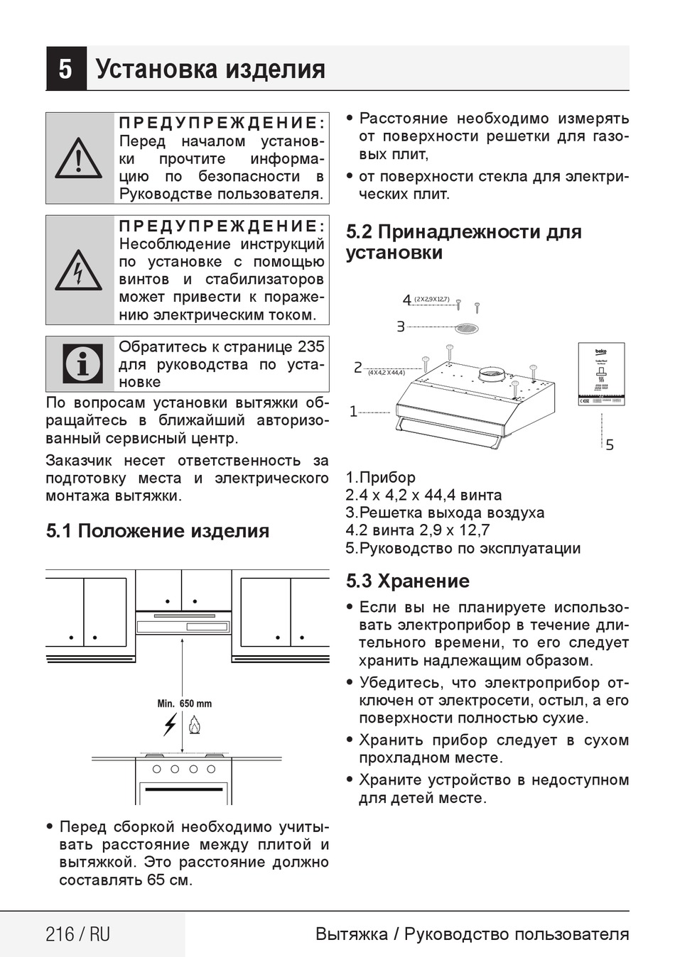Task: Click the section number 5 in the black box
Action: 65,69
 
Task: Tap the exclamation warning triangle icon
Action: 78,158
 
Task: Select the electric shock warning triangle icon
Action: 78,270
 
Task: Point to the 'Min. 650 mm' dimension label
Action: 184,704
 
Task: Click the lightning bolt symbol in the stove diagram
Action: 170,725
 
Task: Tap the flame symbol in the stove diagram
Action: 194,725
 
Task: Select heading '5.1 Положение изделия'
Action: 157,531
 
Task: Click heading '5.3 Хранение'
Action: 407,581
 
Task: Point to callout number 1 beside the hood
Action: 353,412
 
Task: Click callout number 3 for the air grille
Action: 401,327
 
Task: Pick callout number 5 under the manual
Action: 610,445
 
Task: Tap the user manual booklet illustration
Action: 601,375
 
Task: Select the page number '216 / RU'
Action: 77,934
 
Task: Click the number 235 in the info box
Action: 311,346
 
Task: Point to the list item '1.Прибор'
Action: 380,477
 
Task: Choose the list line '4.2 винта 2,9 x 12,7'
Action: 417,530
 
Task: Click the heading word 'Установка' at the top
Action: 157,69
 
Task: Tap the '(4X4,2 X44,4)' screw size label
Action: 387,372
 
